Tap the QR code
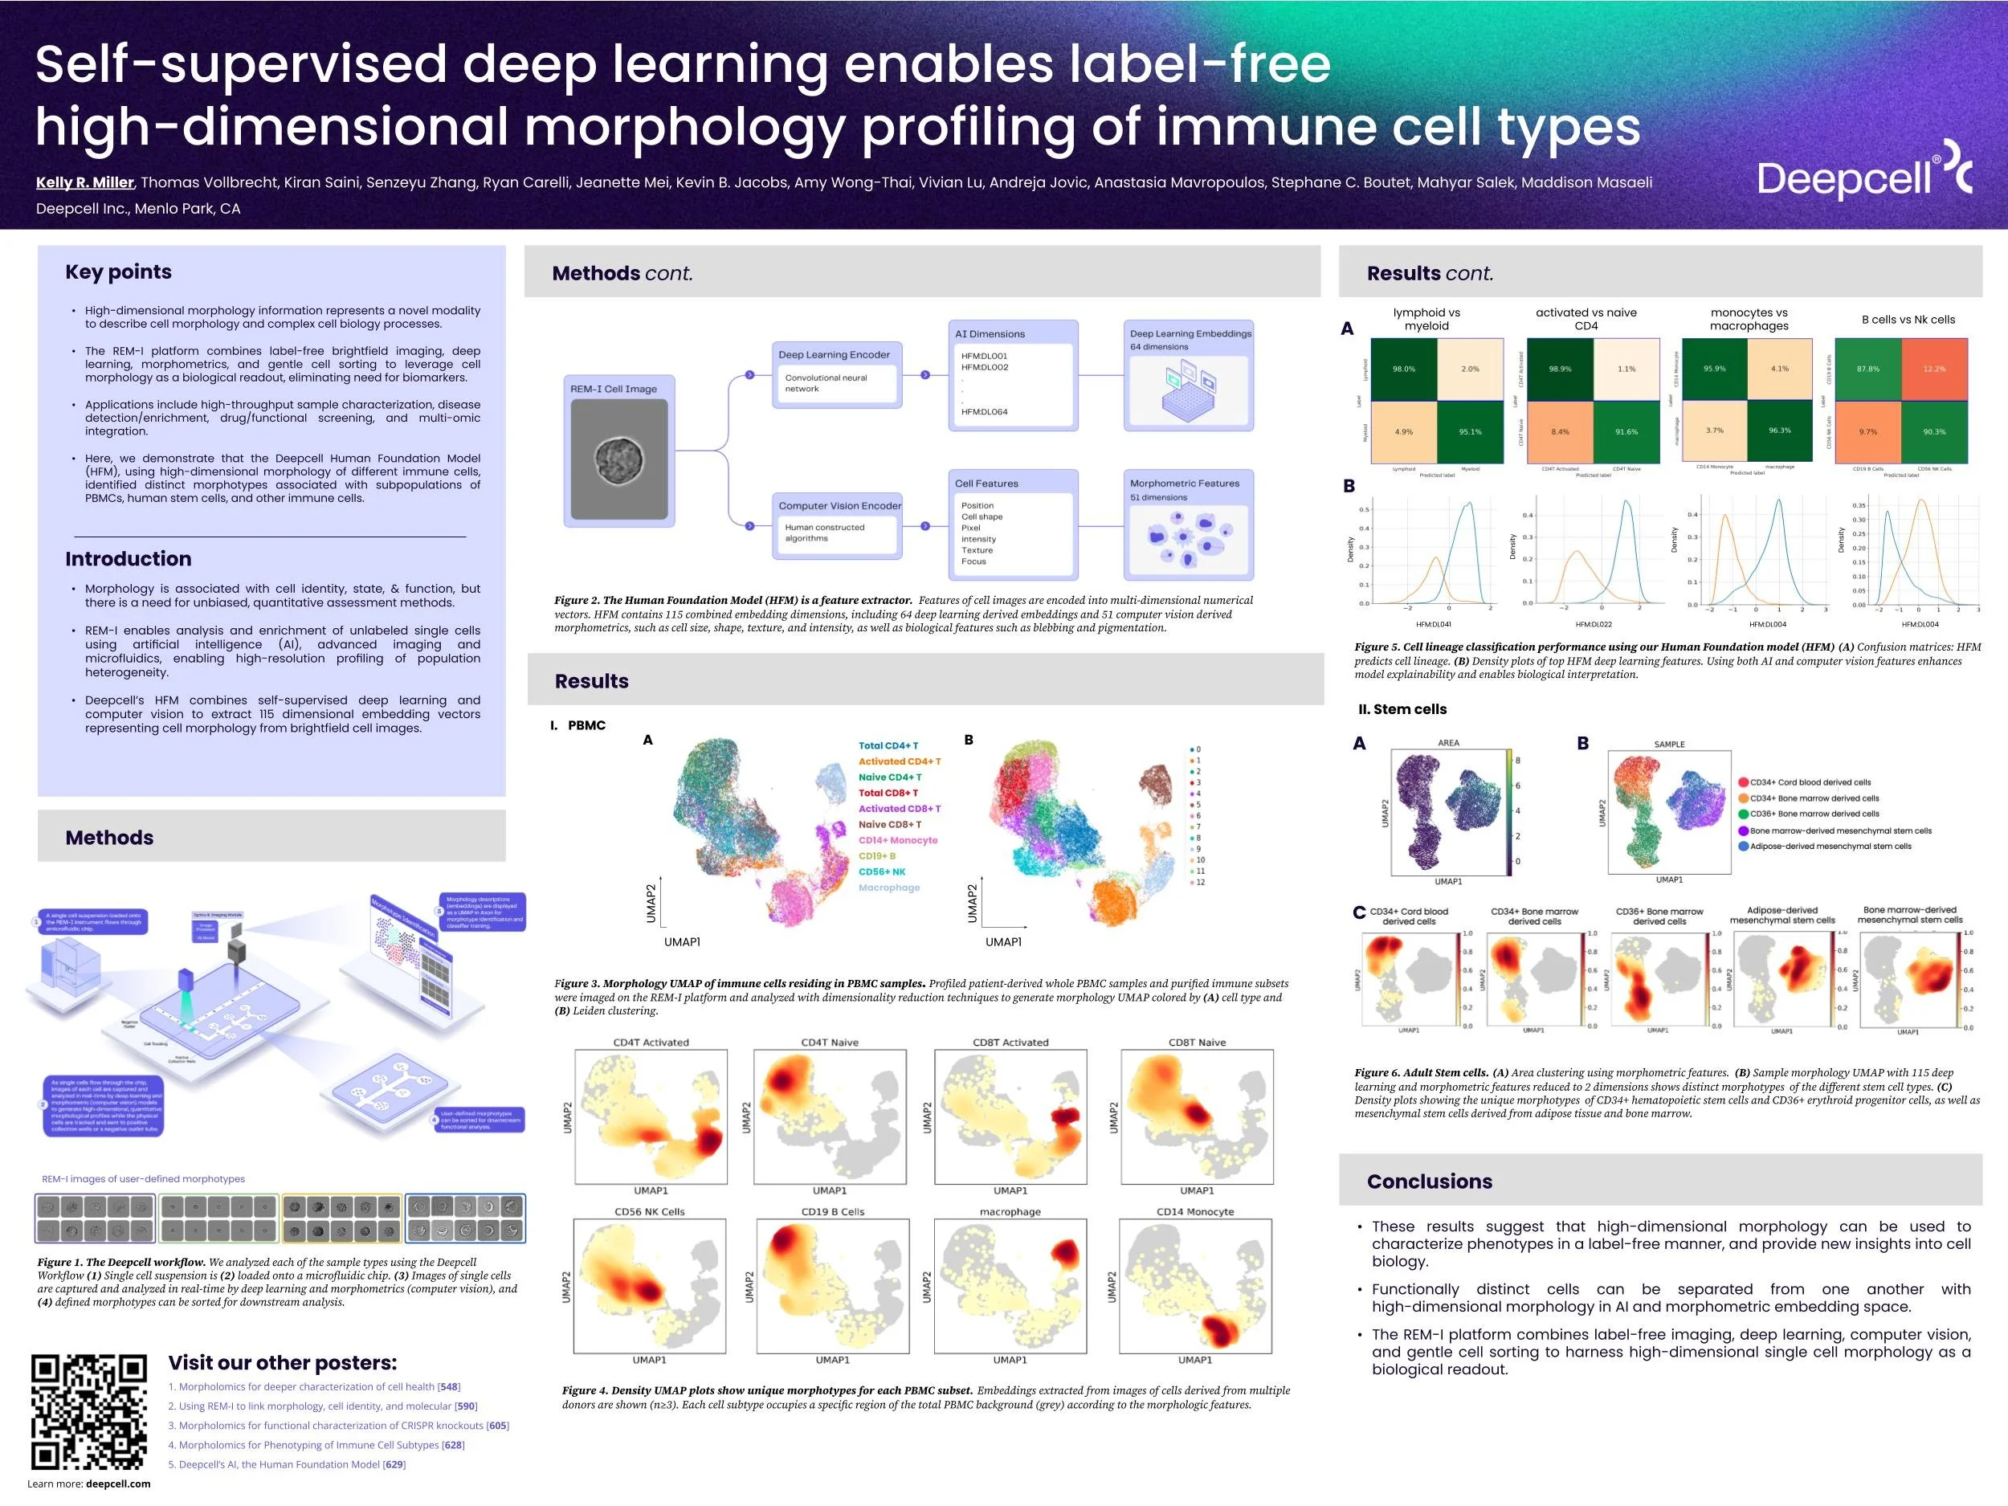[x=88, y=1411]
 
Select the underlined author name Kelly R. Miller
[x=84, y=182]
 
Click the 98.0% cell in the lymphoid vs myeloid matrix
[x=1403, y=369]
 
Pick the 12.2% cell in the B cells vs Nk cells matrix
[x=1933, y=369]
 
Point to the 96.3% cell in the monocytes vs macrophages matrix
[x=1779, y=431]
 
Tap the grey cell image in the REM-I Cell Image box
[x=619, y=459]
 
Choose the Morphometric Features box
[x=1188, y=524]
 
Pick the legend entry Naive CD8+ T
[x=890, y=824]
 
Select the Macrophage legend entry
[x=888, y=888]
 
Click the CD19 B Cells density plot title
[x=832, y=1212]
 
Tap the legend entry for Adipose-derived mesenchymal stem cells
[x=1829, y=846]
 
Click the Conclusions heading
[x=1429, y=1181]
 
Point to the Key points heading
[x=118, y=271]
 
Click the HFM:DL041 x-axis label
[x=1434, y=625]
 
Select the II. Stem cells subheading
[x=1402, y=709]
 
